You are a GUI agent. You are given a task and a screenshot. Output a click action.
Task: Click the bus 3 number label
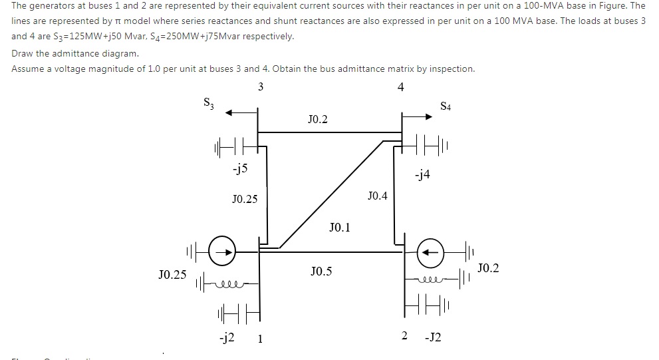pos(260,87)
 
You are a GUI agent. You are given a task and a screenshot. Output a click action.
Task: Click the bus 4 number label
pos(400,87)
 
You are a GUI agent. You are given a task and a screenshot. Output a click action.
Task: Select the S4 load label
pos(446,106)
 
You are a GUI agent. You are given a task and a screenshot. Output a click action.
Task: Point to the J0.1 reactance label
pos(339,228)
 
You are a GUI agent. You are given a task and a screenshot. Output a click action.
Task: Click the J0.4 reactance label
pos(377,196)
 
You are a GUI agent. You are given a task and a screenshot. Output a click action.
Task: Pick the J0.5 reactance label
pos(321,271)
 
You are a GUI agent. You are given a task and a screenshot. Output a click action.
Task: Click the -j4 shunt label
pos(422,175)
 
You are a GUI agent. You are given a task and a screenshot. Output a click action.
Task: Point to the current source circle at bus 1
pos(223,252)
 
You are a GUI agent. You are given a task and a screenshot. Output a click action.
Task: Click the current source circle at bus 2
pos(430,253)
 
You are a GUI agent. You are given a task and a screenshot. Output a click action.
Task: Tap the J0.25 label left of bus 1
pos(172,274)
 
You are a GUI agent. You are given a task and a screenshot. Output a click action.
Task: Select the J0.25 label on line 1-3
pos(245,198)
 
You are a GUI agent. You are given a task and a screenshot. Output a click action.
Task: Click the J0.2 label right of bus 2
pos(488,268)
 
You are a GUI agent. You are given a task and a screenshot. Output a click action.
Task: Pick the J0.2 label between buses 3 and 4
pos(318,120)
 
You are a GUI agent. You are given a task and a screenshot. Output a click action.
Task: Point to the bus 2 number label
pos(404,337)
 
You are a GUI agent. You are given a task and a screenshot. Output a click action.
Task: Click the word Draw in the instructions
pos(23,53)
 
